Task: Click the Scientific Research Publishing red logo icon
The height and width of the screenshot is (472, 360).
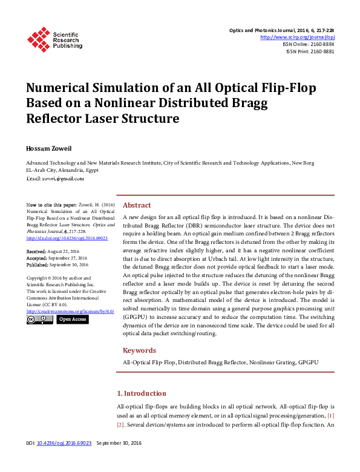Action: [x=39, y=40]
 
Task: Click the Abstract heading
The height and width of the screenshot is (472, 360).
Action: [x=137, y=205]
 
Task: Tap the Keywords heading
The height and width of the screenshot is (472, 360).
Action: [x=139, y=350]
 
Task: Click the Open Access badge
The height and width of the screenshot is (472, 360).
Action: [x=73, y=320]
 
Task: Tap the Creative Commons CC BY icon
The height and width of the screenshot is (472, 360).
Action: [x=39, y=320]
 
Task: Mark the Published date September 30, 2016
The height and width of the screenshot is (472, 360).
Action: [x=57, y=264]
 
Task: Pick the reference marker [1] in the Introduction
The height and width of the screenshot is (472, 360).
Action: [x=330, y=416]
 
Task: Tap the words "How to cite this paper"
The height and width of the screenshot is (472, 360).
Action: [x=51, y=206]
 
